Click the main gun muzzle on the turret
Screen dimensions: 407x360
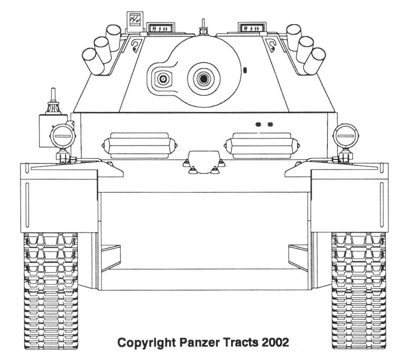click(x=203, y=79)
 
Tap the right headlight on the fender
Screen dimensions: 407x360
click(x=345, y=136)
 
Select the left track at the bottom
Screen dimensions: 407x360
click(x=51, y=290)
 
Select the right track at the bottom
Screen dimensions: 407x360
click(x=358, y=290)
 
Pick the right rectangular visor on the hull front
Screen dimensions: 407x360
click(x=262, y=145)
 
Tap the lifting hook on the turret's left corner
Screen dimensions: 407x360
click(x=137, y=45)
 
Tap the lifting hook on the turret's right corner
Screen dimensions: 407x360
click(x=272, y=45)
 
